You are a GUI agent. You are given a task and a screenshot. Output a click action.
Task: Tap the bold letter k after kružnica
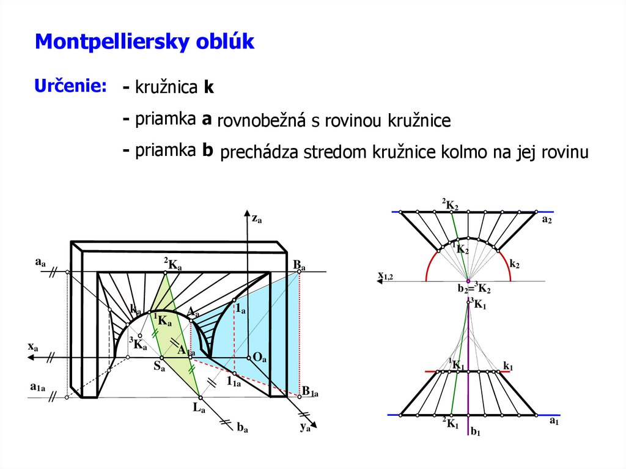pyautogui.click(x=208, y=88)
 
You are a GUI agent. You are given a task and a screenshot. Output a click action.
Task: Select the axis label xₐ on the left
pyautogui.click(x=33, y=347)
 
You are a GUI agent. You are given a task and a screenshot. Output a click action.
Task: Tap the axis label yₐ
pyautogui.click(x=305, y=427)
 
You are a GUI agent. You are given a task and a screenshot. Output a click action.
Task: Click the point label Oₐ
pyautogui.click(x=259, y=358)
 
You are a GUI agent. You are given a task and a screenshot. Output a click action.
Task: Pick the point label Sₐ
pyautogui.click(x=159, y=367)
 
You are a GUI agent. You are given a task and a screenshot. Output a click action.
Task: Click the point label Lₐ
pyautogui.click(x=199, y=408)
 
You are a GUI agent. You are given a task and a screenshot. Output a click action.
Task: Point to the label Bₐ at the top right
pyautogui.click(x=299, y=264)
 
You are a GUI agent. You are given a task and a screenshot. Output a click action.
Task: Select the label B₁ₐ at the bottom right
pyautogui.click(x=310, y=392)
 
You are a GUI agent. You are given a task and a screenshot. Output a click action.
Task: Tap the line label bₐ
pyautogui.click(x=242, y=428)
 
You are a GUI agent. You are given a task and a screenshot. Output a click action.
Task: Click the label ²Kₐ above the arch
pyautogui.click(x=172, y=264)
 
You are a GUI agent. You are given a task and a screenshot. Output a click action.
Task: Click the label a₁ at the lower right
pyautogui.click(x=554, y=421)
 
